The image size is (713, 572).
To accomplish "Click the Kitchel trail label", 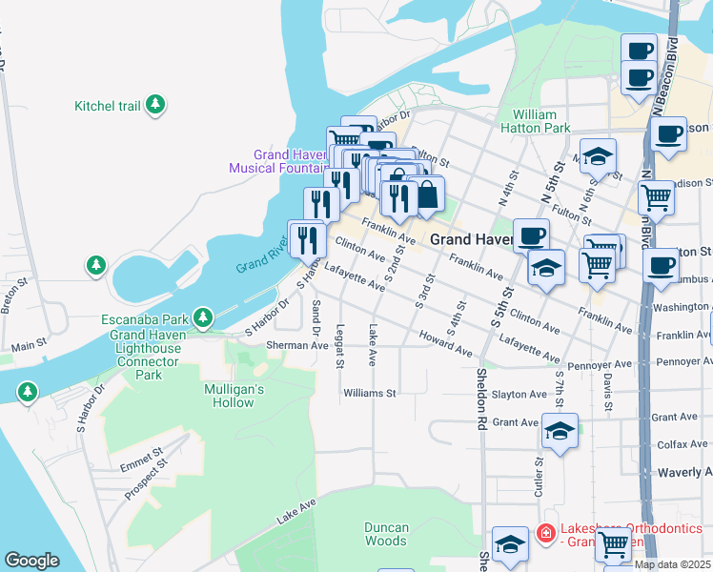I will coord(107,106).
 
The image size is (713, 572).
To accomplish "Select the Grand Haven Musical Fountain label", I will coord(277,162).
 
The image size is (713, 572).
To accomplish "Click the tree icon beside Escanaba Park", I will coord(202,317).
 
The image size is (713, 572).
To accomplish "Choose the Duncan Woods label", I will coord(386,534).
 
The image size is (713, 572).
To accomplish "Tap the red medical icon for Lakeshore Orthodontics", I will coord(545,530).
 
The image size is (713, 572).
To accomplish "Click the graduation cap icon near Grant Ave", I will coord(560,431).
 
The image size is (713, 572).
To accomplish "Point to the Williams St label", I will coord(370,393).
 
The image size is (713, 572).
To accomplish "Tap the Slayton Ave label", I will coord(519,394).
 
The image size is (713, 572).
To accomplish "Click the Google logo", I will coord(31,561).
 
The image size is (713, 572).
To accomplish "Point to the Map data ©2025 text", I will coord(672,564).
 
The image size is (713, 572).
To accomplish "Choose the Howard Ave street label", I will coord(446,346).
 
